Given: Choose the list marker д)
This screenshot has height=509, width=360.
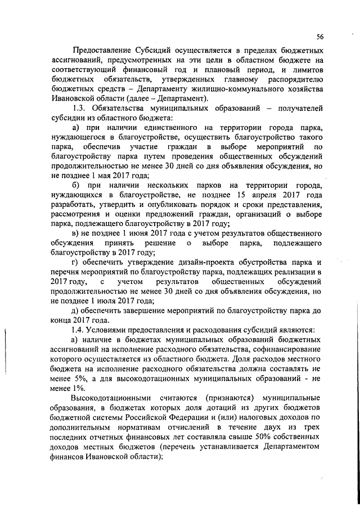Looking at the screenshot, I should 76,315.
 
